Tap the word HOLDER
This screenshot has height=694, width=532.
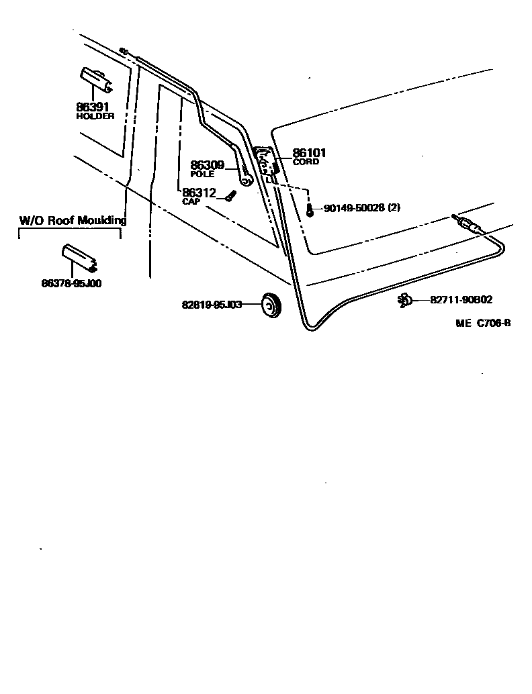click(x=95, y=115)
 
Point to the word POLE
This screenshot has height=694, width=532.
click(x=202, y=174)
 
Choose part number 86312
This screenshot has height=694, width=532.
click(x=198, y=193)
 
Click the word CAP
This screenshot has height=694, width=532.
click(x=191, y=201)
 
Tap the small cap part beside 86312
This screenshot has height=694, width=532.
click(x=231, y=195)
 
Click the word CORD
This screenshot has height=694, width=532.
click(x=306, y=162)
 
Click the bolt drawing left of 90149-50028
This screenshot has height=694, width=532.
click(x=310, y=211)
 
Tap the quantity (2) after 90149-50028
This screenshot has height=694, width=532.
click(x=394, y=209)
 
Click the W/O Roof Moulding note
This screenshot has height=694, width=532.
click(x=73, y=220)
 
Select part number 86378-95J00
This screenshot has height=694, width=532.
click(x=71, y=284)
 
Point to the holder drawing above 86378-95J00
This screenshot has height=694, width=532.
click(x=79, y=258)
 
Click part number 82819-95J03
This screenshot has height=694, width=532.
click(x=212, y=305)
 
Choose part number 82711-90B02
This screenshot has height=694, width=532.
click(x=461, y=300)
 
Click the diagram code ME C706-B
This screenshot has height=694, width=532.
click(x=483, y=323)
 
